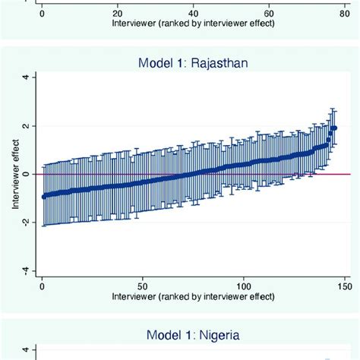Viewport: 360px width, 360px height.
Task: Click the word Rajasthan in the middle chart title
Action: [x=224, y=64]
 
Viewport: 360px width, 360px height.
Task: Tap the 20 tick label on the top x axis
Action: [x=117, y=13]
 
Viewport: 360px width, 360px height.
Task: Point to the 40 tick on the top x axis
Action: [x=194, y=13]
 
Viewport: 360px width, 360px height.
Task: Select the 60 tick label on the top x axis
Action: [x=270, y=13]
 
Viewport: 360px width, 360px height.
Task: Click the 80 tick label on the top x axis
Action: [x=346, y=13]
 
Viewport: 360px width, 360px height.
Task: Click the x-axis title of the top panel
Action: [x=194, y=23]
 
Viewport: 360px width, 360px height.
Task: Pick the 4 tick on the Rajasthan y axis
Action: [x=25, y=77]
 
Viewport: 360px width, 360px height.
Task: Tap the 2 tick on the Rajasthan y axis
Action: [x=25, y=126]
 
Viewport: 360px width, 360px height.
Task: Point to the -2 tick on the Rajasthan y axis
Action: [x=25, y=223]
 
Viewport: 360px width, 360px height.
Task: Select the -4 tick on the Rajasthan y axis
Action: [x=25, y=271]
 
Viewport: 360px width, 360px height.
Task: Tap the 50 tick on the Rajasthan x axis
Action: [x=143, y=288]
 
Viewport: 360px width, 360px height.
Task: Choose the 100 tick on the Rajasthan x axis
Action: [x=244, y=288]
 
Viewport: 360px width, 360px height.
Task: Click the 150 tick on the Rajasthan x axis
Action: [x=345, y=288]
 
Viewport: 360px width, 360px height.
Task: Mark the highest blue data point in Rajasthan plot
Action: [x=334, y=128]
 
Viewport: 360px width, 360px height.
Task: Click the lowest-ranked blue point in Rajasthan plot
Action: [x=43, y=196]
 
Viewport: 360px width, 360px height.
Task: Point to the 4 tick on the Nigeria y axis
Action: [x=25, y=350]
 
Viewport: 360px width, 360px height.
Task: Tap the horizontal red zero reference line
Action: [x=190, y=174]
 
